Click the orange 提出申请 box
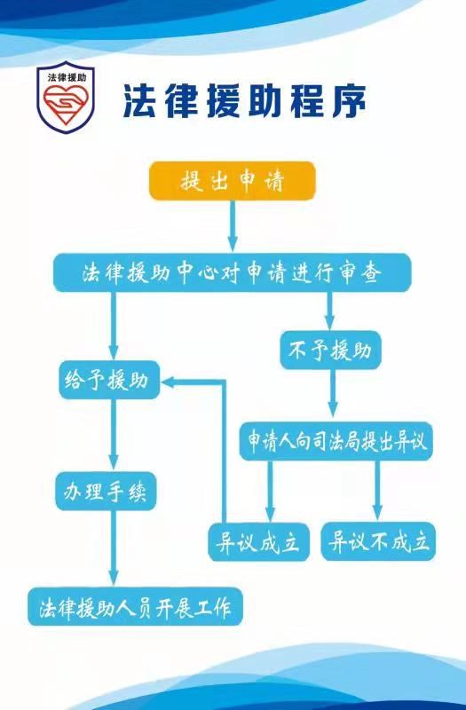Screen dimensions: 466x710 [x=233, y=181]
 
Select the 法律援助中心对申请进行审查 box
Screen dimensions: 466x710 [x=233, y=272]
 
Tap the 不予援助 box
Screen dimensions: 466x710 [x=330, y=350]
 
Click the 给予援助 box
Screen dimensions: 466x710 [x=109, y=380]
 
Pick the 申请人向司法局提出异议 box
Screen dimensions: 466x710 [x=336, y=441]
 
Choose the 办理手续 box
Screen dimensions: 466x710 [x=106, y=492]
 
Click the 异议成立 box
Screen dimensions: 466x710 [x=259, y=541]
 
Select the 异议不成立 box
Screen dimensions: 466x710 [x=378, y=541]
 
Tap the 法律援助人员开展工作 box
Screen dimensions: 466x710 [x=136, y=607]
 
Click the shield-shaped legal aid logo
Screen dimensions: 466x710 [x=66, y=96]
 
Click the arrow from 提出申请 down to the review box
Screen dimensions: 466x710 [x=233, y=226]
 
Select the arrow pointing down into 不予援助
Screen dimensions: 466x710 [x=329, y=312]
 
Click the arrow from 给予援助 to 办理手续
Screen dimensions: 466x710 [x=114, y=434]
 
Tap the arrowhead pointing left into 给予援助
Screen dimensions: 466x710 [x=169, y=383]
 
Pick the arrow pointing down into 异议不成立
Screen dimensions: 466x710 [x=377, y=491]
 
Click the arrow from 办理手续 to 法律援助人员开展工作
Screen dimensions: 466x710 [x=114, y=548]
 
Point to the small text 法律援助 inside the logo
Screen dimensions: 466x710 [x=67, y=77]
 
